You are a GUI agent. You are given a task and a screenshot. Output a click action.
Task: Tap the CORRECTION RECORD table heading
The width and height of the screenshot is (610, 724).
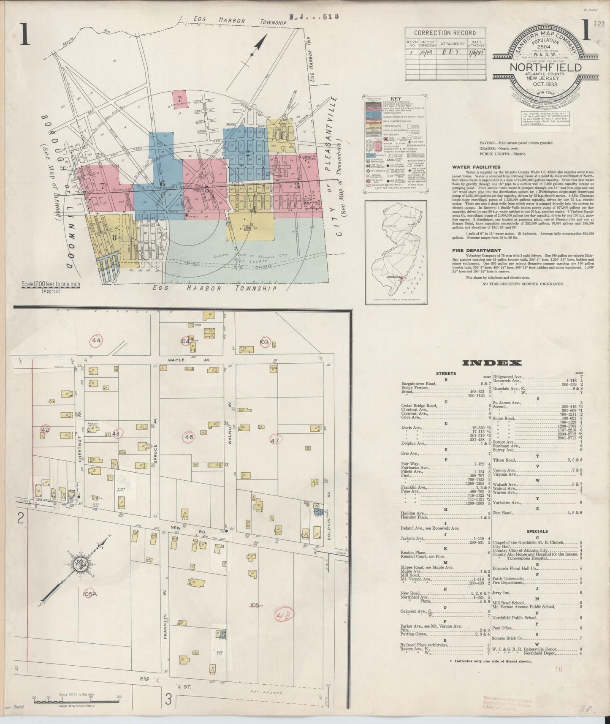point(444,33)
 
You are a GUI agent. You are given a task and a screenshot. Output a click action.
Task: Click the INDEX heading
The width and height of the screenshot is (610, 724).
point(492,363)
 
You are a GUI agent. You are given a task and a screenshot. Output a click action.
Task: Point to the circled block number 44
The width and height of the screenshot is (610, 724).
point(97,340)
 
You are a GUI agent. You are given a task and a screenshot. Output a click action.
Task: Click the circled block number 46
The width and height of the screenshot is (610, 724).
point(189,437)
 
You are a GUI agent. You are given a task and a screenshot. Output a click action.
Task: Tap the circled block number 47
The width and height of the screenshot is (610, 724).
point(275,440)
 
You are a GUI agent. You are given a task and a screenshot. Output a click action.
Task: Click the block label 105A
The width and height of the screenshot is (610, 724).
point(90,594)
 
